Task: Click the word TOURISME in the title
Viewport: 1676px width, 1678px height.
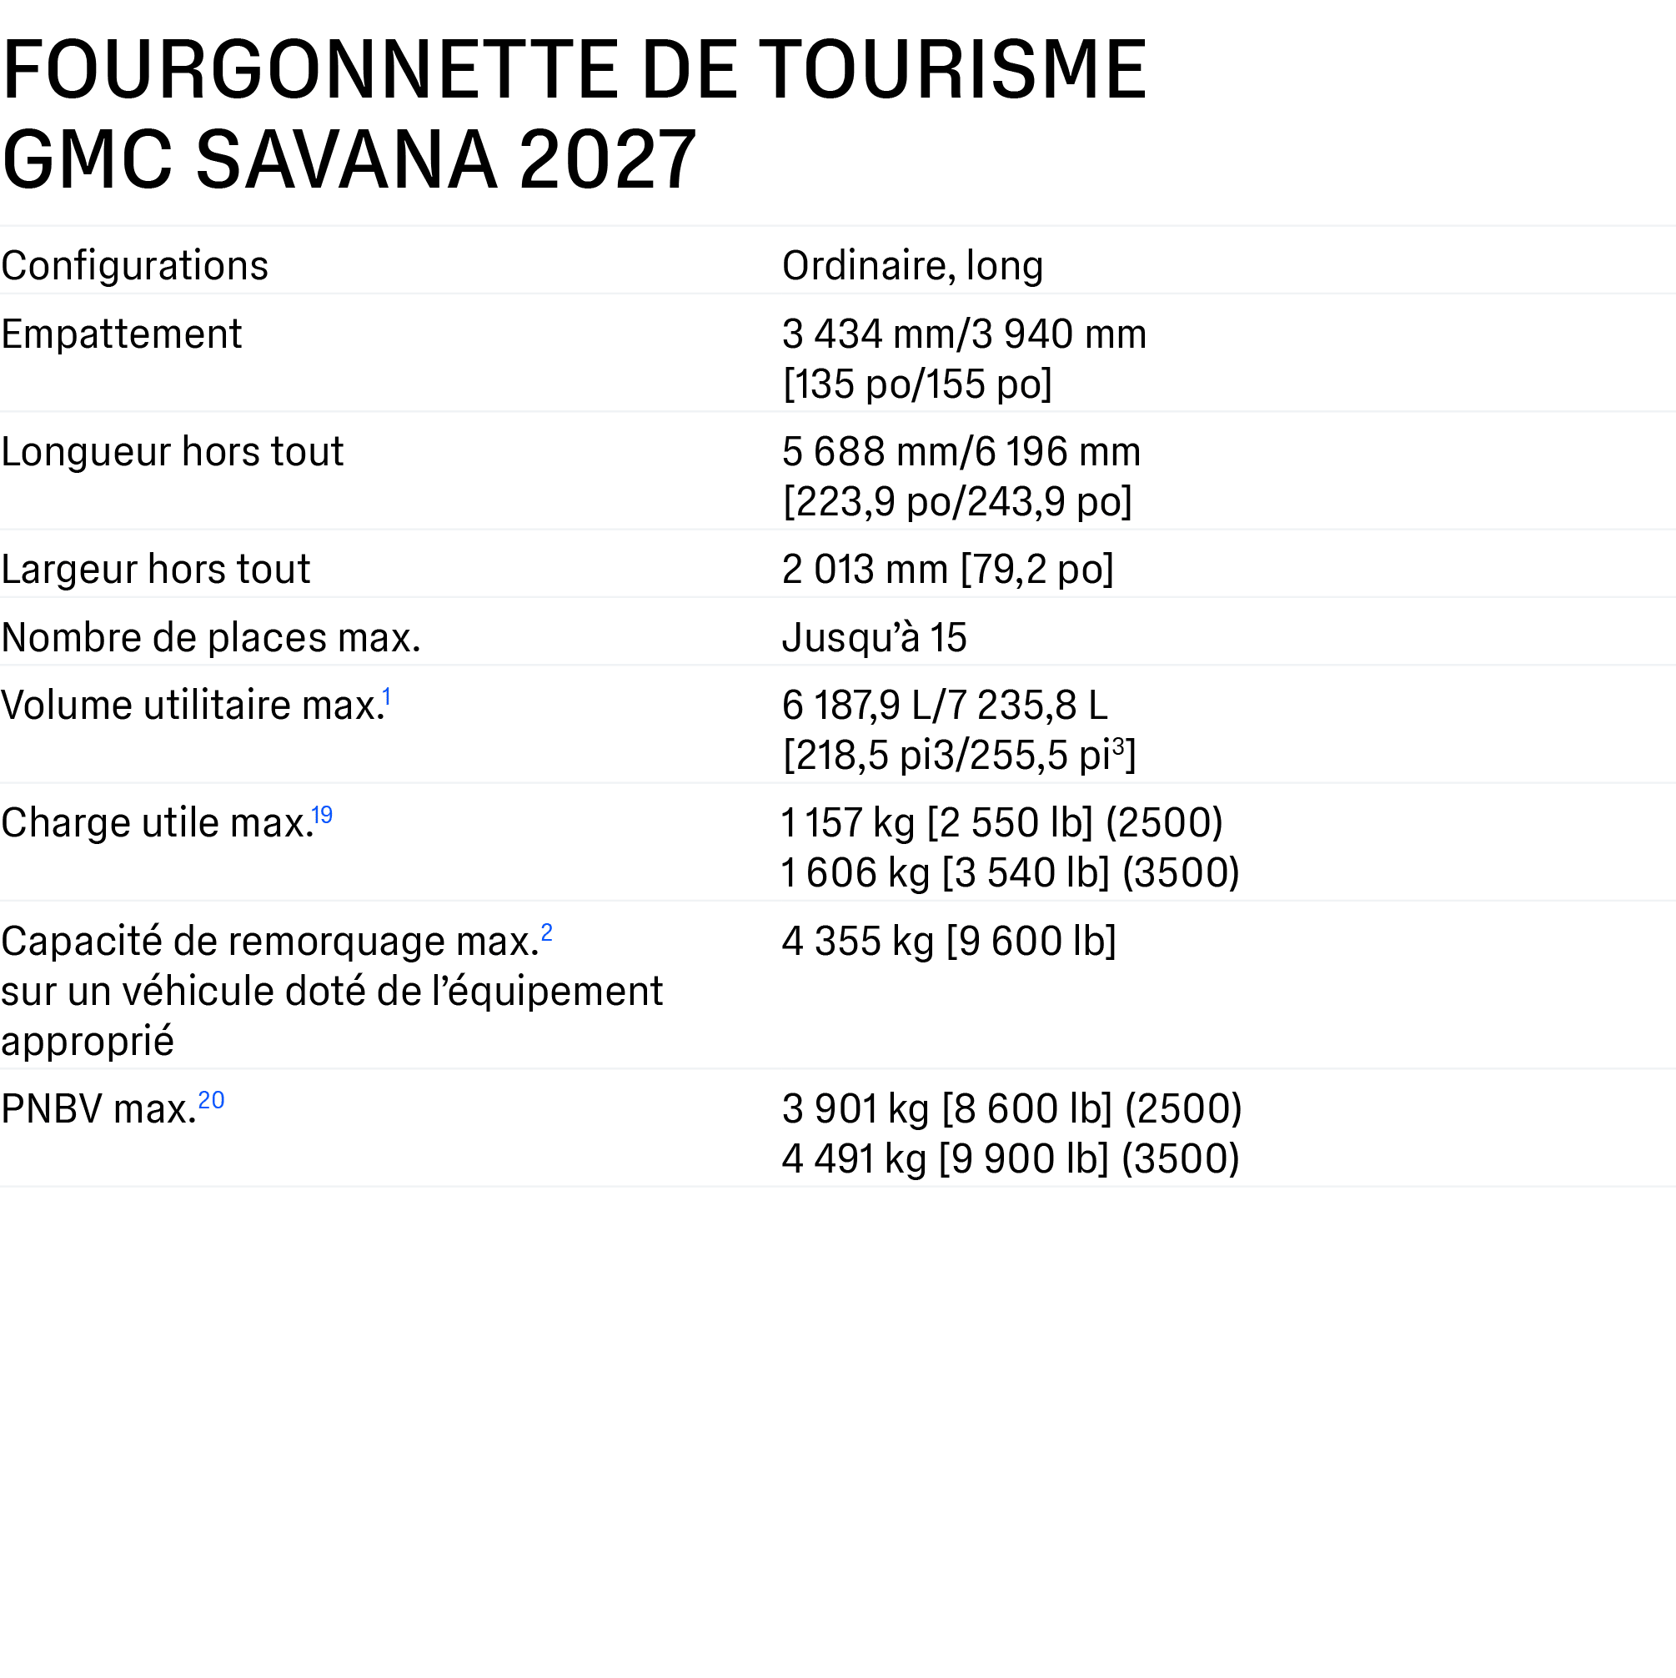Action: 956,69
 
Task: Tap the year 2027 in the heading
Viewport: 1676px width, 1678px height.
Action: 607,160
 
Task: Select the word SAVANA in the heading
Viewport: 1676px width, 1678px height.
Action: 348,160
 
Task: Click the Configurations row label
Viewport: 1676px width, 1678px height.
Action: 134,265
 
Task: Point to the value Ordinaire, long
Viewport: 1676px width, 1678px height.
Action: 913,265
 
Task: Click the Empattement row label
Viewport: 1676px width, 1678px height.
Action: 122,334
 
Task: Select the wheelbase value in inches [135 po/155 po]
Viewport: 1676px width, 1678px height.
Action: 918,384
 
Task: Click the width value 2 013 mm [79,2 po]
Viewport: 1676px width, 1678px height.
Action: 947,570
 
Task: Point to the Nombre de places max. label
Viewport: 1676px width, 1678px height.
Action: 211,637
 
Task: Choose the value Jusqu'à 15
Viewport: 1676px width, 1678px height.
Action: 875,637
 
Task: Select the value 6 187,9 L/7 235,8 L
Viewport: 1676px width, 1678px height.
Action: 945,706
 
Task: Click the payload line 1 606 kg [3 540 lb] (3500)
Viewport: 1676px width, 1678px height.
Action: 1011,873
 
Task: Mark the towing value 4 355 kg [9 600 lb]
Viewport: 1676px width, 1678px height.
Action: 949,942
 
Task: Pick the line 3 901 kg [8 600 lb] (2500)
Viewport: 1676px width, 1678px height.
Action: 1012,1109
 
